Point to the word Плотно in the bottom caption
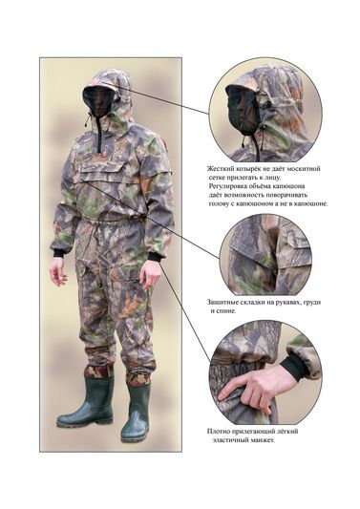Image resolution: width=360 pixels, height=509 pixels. coord(218,432)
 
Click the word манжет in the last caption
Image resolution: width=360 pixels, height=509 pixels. coord(263,440)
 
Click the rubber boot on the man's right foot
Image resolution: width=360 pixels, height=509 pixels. coord(87,402)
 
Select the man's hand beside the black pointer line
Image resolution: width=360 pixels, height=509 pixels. coord(150,275)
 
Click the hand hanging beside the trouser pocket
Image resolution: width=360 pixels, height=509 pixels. coord(58,272)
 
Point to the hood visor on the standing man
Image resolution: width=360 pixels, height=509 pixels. coord(95,86)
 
